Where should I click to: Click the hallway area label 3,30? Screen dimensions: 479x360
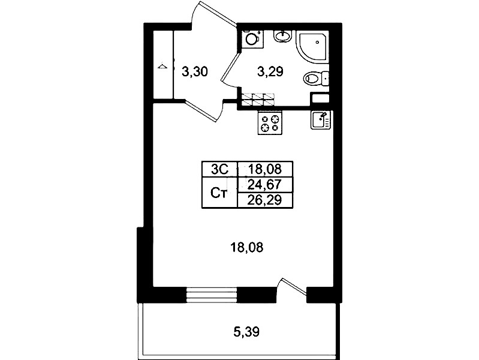point(195,72)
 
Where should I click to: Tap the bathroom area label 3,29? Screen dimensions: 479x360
point(270,72)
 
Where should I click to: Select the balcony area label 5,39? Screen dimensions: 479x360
point(246,332)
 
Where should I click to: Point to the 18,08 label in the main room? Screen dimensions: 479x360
point(246,247)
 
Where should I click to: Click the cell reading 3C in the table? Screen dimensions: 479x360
point(219,169)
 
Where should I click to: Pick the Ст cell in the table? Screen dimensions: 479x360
point(219,193)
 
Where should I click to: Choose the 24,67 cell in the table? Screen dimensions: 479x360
point(265,185)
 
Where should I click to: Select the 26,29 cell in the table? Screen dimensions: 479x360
point(265,200)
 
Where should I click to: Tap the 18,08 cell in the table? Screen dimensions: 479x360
point(265,169)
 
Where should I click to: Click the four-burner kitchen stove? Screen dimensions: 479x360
point(270,122)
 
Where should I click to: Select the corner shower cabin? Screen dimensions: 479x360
point(313,47)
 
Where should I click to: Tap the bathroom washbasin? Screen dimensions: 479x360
point(284,36)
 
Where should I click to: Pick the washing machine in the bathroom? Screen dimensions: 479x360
point(252,39)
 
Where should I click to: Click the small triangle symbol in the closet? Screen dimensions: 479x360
point(162,67)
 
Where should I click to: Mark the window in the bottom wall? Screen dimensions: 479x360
point(212,295)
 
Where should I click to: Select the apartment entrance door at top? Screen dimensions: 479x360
point(214,14)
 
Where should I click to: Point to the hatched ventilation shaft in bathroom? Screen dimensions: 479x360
point(258,99)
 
